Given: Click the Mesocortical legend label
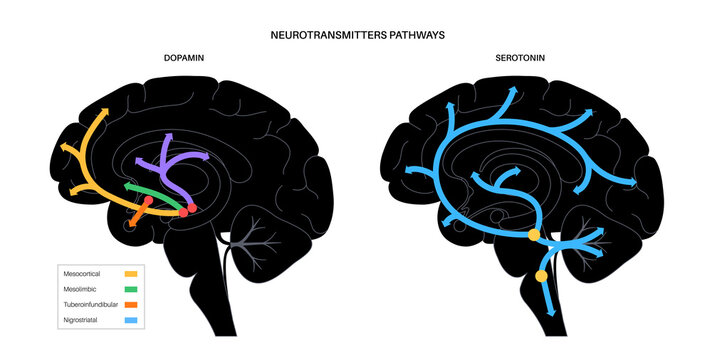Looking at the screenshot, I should tap(86, 273).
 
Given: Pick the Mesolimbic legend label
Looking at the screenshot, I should tap(82, 289).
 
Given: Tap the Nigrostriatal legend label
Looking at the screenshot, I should tap(85, 321).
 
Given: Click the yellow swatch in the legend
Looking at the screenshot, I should tap(130, 273).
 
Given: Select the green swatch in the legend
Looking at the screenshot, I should tap(130, 289).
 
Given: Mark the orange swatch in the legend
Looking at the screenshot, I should tap(130, 305).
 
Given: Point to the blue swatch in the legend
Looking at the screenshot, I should tap(130, 321).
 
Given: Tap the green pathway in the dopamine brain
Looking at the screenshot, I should tap(150, 187).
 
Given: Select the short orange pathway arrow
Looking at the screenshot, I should tap(139, 215).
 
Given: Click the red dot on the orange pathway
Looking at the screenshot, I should tap(148, 201).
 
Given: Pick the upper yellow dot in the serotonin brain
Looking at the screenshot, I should tap(534, 235).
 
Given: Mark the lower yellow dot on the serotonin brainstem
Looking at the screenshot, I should tap(542, 275).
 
